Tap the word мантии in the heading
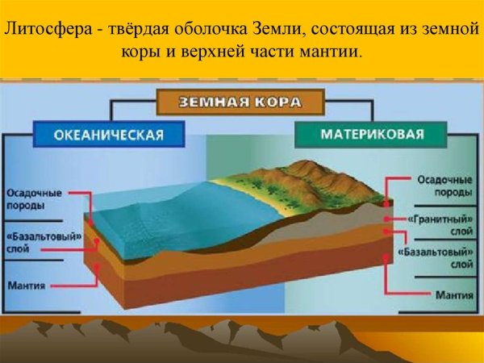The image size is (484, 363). click(x=331, y=52)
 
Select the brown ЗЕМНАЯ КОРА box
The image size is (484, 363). click(x=241, y=102)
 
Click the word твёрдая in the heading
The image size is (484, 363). click(x=125, y=31)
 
